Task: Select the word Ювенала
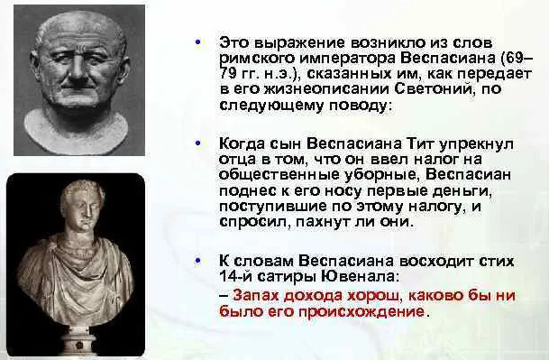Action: [x=360, y=277]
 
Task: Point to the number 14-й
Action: [x=235, y=277]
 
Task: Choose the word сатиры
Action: [x=287, y=278]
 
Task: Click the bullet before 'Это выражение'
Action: [x=198, y=42]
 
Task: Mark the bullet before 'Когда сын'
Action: [x=198, y=143]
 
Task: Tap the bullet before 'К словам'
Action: [x=198, y=261]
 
